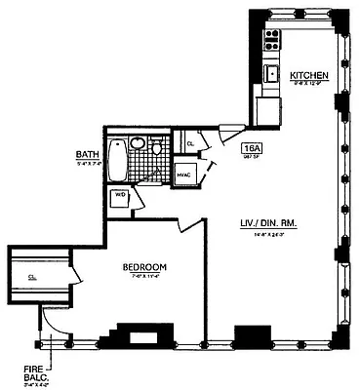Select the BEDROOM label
click(143, 267)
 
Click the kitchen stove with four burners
click(272, 38)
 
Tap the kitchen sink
click(274, 74)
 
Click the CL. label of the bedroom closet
click(32, 276)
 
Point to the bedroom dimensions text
click(143, 277)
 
